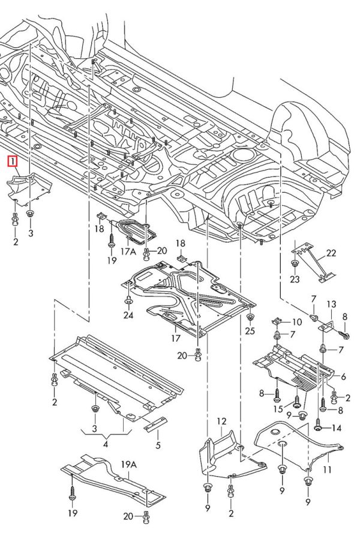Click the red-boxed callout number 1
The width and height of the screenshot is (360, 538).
pos(12,161)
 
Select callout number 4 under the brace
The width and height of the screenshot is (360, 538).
pos(106,444)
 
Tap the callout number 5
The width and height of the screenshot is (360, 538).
pos(158,445)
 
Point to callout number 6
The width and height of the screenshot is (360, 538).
pos(343,377)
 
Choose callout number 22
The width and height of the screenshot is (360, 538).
pos(332,253)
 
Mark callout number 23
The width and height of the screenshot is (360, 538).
pos(295,279)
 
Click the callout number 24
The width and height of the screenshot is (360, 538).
pos(128,315)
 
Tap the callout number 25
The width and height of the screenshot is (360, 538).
pos(250,331)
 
